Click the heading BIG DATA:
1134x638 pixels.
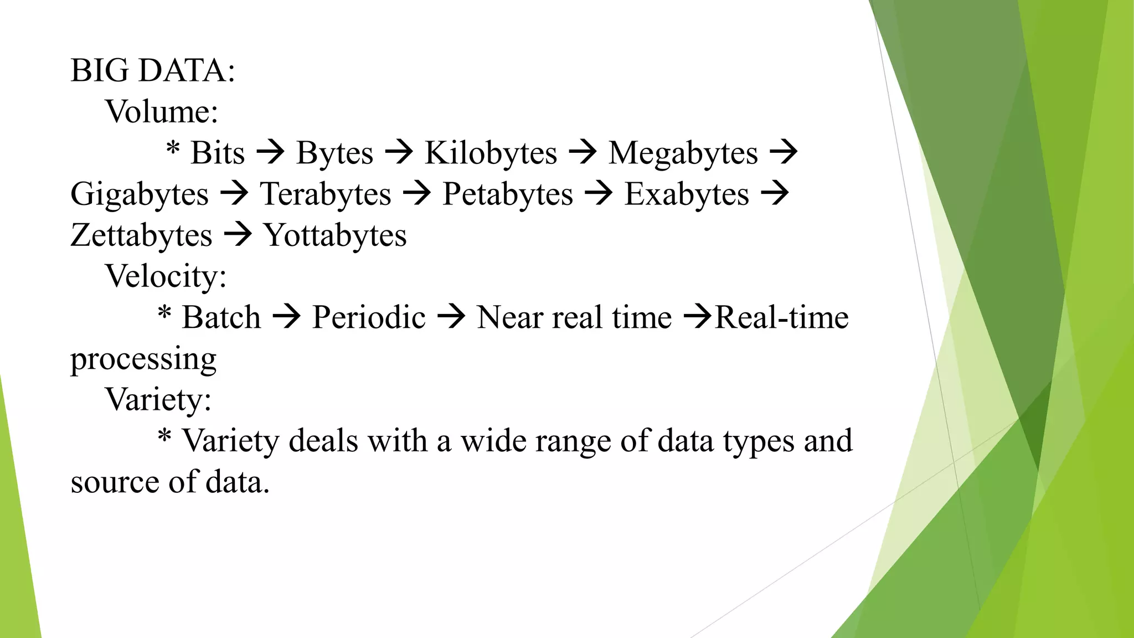click(153, 71)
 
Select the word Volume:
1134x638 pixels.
click(162, 112)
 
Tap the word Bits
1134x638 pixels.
click(218, 153)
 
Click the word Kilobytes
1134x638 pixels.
click(491, 153)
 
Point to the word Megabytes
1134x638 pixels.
click(683, 153)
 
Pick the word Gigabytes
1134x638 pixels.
click(140, 194)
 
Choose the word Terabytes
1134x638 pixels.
click(326, 194)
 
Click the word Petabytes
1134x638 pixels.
click(508, 194)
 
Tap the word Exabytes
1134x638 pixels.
click(687, 194)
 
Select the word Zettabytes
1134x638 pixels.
click(141, 235)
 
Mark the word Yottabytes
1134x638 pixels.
click(335, 235)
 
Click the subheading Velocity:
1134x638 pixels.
click(166, 276)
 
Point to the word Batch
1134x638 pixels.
click(221, 317)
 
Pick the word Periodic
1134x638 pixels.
click(369, 317)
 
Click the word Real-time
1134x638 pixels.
click(782, 317)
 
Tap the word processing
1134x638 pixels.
click(143, 359)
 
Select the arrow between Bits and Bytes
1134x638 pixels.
click(271, 152)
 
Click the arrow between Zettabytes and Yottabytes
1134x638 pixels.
click(238, 234)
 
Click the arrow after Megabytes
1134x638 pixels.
click(784, 152)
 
